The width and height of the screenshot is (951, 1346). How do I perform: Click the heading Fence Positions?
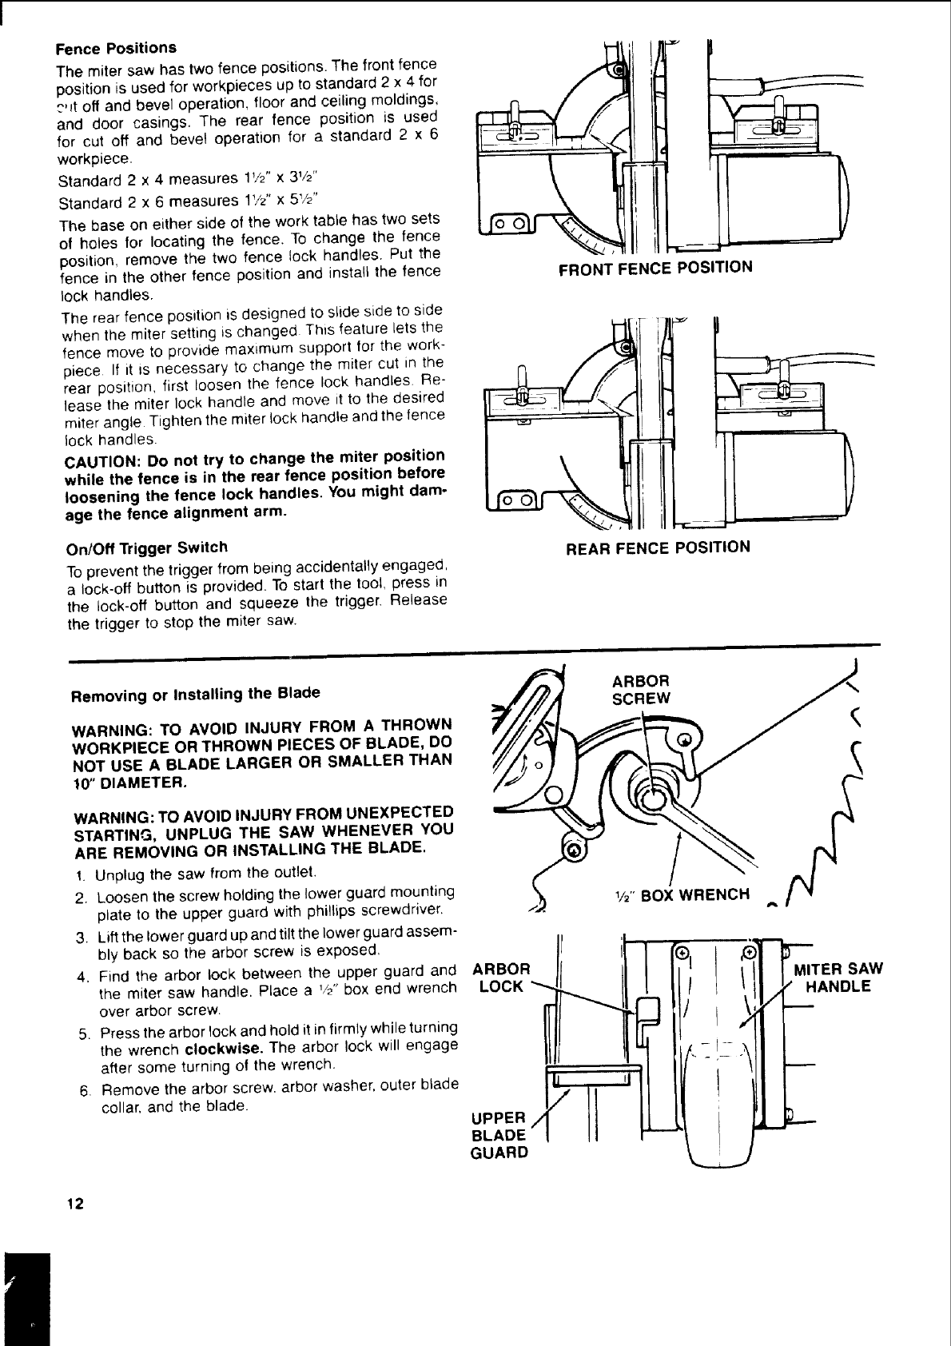pos(116,48)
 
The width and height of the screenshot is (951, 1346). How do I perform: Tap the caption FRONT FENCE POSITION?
pos(655,267)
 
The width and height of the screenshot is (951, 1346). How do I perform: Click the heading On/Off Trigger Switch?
pos(148,548)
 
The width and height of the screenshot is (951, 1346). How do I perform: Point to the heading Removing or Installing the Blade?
pos(196,694)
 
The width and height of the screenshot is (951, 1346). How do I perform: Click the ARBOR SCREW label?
pos(641,689)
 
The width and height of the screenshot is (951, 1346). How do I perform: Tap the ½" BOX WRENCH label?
pos(679,894)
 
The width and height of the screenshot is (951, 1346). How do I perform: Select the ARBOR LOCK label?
pos(502,978)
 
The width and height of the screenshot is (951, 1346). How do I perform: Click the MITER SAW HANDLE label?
pos(838,978)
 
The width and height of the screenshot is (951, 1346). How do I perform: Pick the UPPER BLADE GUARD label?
pos(499,1135)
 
